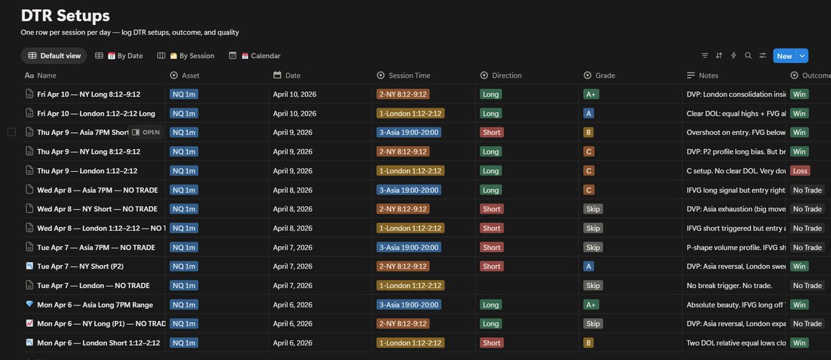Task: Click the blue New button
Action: point(784,56)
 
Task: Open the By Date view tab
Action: point(125,56)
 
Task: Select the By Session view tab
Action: point(191,56)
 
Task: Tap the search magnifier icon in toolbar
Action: point(748,56)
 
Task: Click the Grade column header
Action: point(605,75)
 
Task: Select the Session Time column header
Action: point(409,75)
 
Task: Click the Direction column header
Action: point(506,75)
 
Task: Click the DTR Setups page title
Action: point(65,15)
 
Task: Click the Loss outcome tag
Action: point(801,170)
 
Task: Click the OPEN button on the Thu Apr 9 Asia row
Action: point(146,132)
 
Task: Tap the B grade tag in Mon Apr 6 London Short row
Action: point(589,343)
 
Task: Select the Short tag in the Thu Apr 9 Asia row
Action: point(491,132)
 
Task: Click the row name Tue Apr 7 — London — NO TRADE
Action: point(93,285)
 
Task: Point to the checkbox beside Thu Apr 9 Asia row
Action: point(11,132)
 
